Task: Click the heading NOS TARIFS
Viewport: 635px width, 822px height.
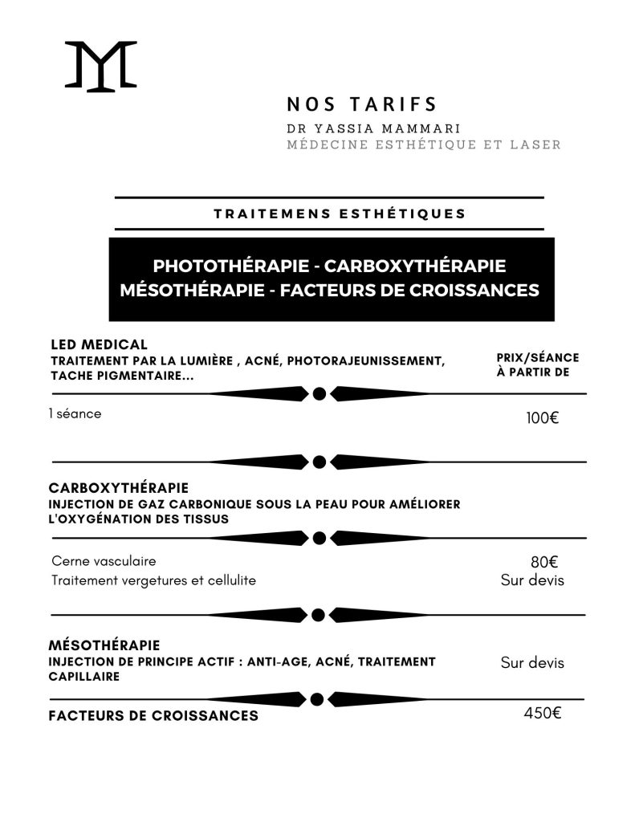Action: [361, 104]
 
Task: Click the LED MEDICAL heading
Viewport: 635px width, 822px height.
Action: [99, 344]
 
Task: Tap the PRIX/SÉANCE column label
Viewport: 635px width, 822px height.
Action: [538, 357]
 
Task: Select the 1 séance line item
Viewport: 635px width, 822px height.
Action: [75, 414]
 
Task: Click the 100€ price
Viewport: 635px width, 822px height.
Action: [543, 418]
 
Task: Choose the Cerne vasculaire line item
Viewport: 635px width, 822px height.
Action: [104, 560]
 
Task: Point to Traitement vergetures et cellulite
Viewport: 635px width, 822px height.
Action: [154, 580]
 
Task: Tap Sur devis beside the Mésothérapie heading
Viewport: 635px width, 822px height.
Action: [532, 663]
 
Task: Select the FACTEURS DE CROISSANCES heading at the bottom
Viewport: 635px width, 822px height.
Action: [154, 715]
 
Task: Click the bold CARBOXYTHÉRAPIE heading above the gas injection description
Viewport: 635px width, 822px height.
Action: [119, 488]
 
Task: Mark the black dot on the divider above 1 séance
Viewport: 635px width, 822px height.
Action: [319, 393]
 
